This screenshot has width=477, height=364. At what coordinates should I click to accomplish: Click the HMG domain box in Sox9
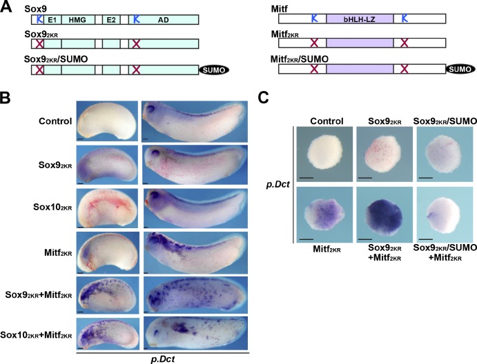click(x=78, y=20)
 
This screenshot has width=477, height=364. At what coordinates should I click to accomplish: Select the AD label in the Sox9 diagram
click(x=164, y=20)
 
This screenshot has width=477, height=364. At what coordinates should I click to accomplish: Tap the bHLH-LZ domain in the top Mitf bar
click(x=360, y=19)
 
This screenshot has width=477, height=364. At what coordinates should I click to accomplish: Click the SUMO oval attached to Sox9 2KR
click(x=214, y=70)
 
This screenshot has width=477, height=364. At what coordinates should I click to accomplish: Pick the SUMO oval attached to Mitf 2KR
click(x=460, y=69)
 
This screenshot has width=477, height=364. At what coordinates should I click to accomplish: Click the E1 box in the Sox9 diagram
click(x=52, y=20)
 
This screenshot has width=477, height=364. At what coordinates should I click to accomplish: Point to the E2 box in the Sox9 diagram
click(x=111, y=20)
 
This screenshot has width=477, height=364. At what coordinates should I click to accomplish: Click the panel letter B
click(x=5, y=97)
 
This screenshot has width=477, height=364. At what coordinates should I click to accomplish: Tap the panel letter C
click(x=263, y=97)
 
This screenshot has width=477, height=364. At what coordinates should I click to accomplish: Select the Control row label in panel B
click(x=55, y=121)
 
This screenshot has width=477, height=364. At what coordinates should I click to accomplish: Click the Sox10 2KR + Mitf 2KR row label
click(x=36, y=335)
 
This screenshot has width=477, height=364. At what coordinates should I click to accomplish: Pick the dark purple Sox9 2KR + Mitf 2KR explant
click(x=384, y=216)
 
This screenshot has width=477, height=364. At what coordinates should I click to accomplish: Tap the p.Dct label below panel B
click(x=163, y=359)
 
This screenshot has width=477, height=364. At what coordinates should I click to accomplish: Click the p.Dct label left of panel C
click(x=278, y=184)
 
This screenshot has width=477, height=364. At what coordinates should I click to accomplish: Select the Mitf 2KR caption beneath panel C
click(x=327, y=250)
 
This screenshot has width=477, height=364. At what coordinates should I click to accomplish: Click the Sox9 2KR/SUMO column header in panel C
click(x=445, y=121)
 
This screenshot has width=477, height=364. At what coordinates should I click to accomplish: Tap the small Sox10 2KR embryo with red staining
click(x=108, y=208)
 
